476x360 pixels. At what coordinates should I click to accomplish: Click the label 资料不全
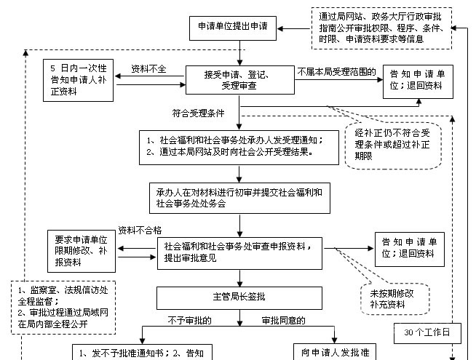click(148, 69)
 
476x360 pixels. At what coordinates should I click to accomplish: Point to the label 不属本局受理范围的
click(336, 72)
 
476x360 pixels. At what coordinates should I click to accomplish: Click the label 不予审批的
click(189, 320)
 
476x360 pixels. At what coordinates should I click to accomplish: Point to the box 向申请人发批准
click(335, 352)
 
